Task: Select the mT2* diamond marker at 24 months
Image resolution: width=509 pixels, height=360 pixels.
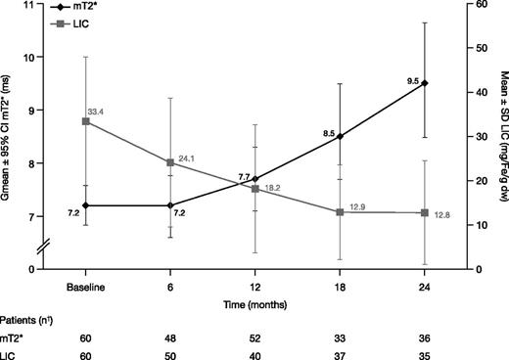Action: click(424, 83)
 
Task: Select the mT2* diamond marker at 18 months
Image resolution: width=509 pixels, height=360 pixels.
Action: click(340, 136)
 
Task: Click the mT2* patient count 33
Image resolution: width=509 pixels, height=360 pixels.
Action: click(340, 336)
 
